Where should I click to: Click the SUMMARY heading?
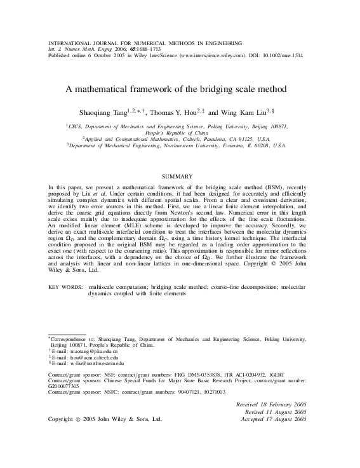click(180, 175)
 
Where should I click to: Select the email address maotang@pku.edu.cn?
click(83, 351)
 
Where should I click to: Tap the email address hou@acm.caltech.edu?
click(83, 357)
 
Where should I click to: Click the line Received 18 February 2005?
click(271, 404)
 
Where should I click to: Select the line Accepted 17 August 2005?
click(272, 419)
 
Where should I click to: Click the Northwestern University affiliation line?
click(180, 145)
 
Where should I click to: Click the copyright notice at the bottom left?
click(105, 419)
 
